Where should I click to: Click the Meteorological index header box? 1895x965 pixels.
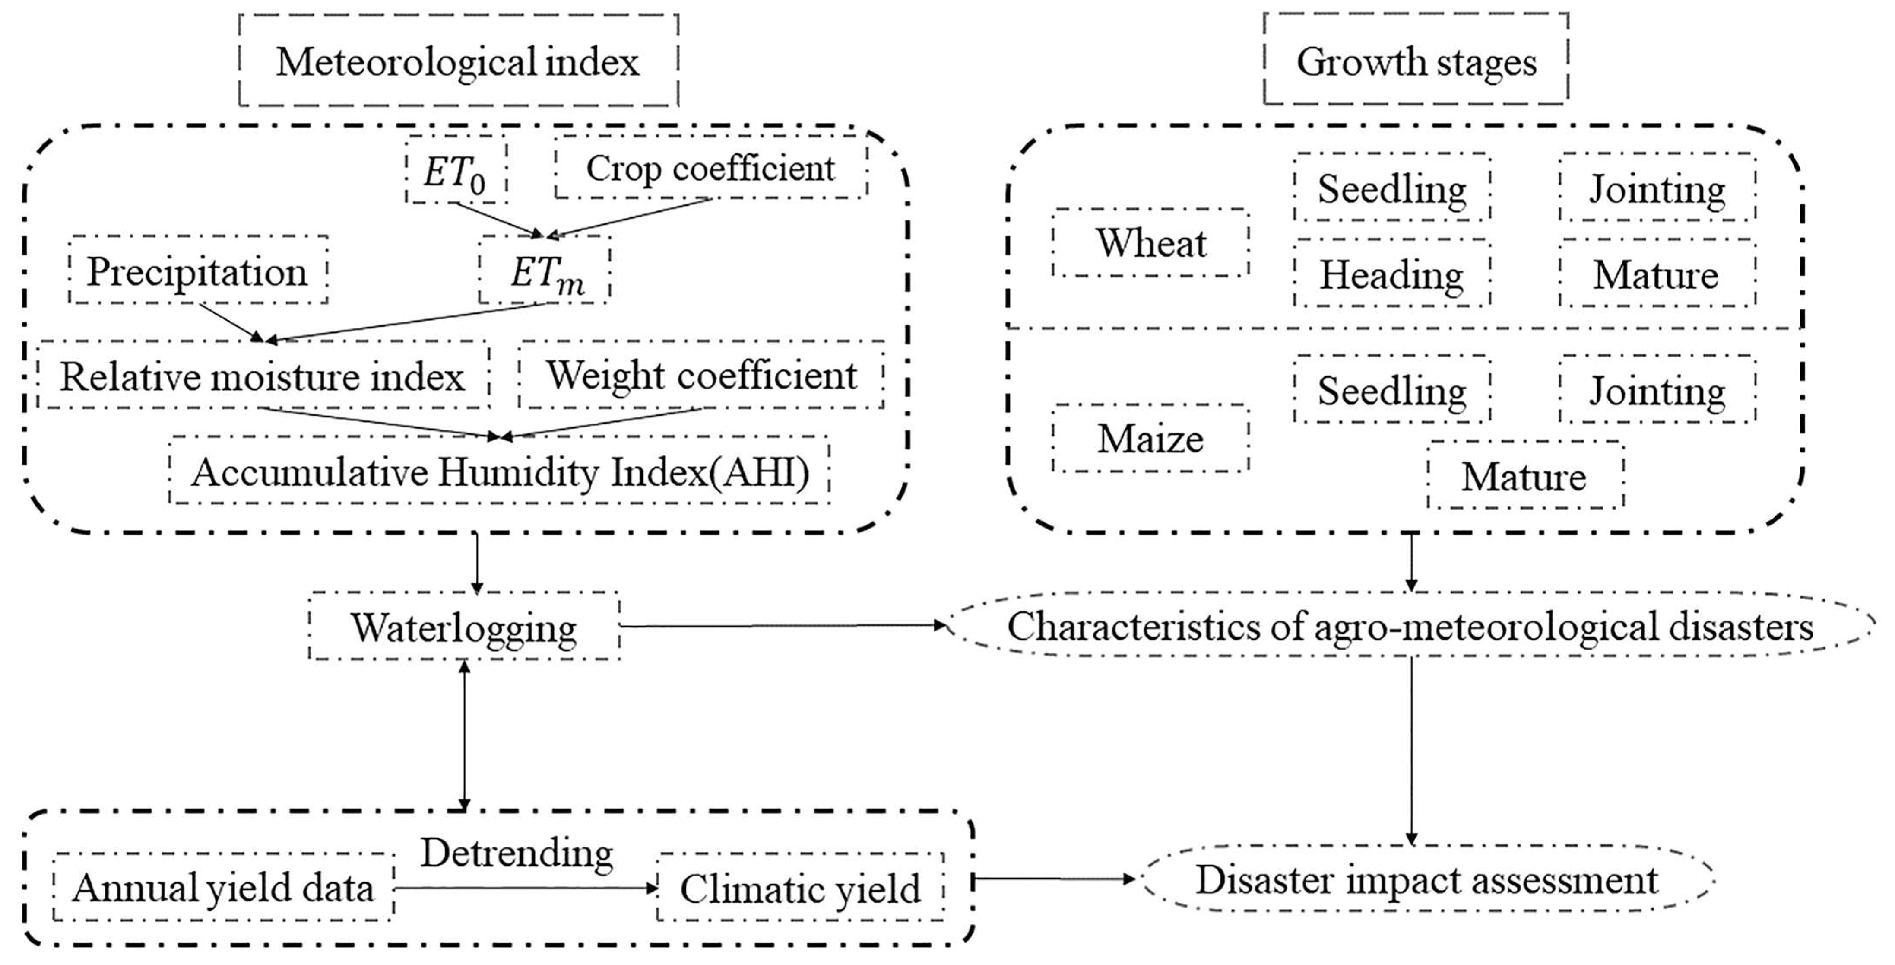coord(458,61)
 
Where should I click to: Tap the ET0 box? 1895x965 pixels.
coord(455,170)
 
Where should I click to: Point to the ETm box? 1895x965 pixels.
coord(545,271)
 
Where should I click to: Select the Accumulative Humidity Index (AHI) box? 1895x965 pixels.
coord(500,471)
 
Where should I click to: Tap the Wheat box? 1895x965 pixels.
coord(1150,243)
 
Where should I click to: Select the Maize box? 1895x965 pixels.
coord(1150,439)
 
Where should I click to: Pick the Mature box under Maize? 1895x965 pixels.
coord(1525,475)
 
